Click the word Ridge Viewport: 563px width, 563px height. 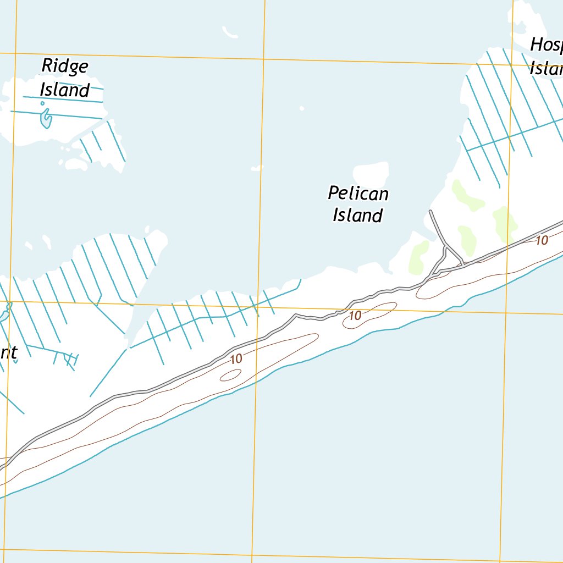tap(65, 67)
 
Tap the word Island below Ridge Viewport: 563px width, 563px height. tap(65, 90)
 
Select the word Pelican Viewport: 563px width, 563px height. tap(358, 194)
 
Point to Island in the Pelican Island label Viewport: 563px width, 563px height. tap(357, 215)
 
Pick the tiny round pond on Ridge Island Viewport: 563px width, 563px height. tap(42, 103)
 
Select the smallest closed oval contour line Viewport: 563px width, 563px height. tap(230, 375)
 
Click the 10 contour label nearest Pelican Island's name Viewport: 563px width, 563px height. tap(355, 316)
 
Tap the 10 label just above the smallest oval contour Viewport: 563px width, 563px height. tap(236, 359)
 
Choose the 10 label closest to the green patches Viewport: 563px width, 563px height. tap(542, 240)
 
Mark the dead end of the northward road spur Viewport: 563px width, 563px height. tap(430, 211)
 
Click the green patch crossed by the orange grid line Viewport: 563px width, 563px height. tap(505, 223)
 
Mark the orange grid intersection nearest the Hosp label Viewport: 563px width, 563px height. tap(512, 64)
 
